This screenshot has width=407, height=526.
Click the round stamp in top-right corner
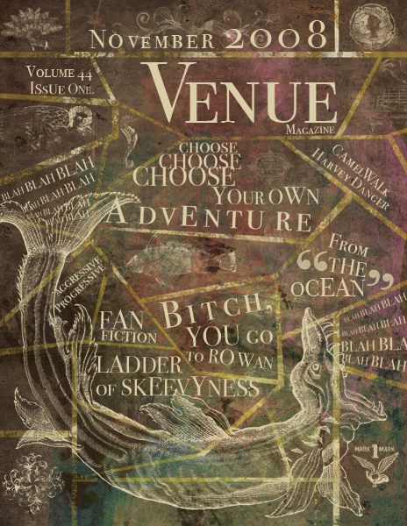(x=369, y=22)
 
